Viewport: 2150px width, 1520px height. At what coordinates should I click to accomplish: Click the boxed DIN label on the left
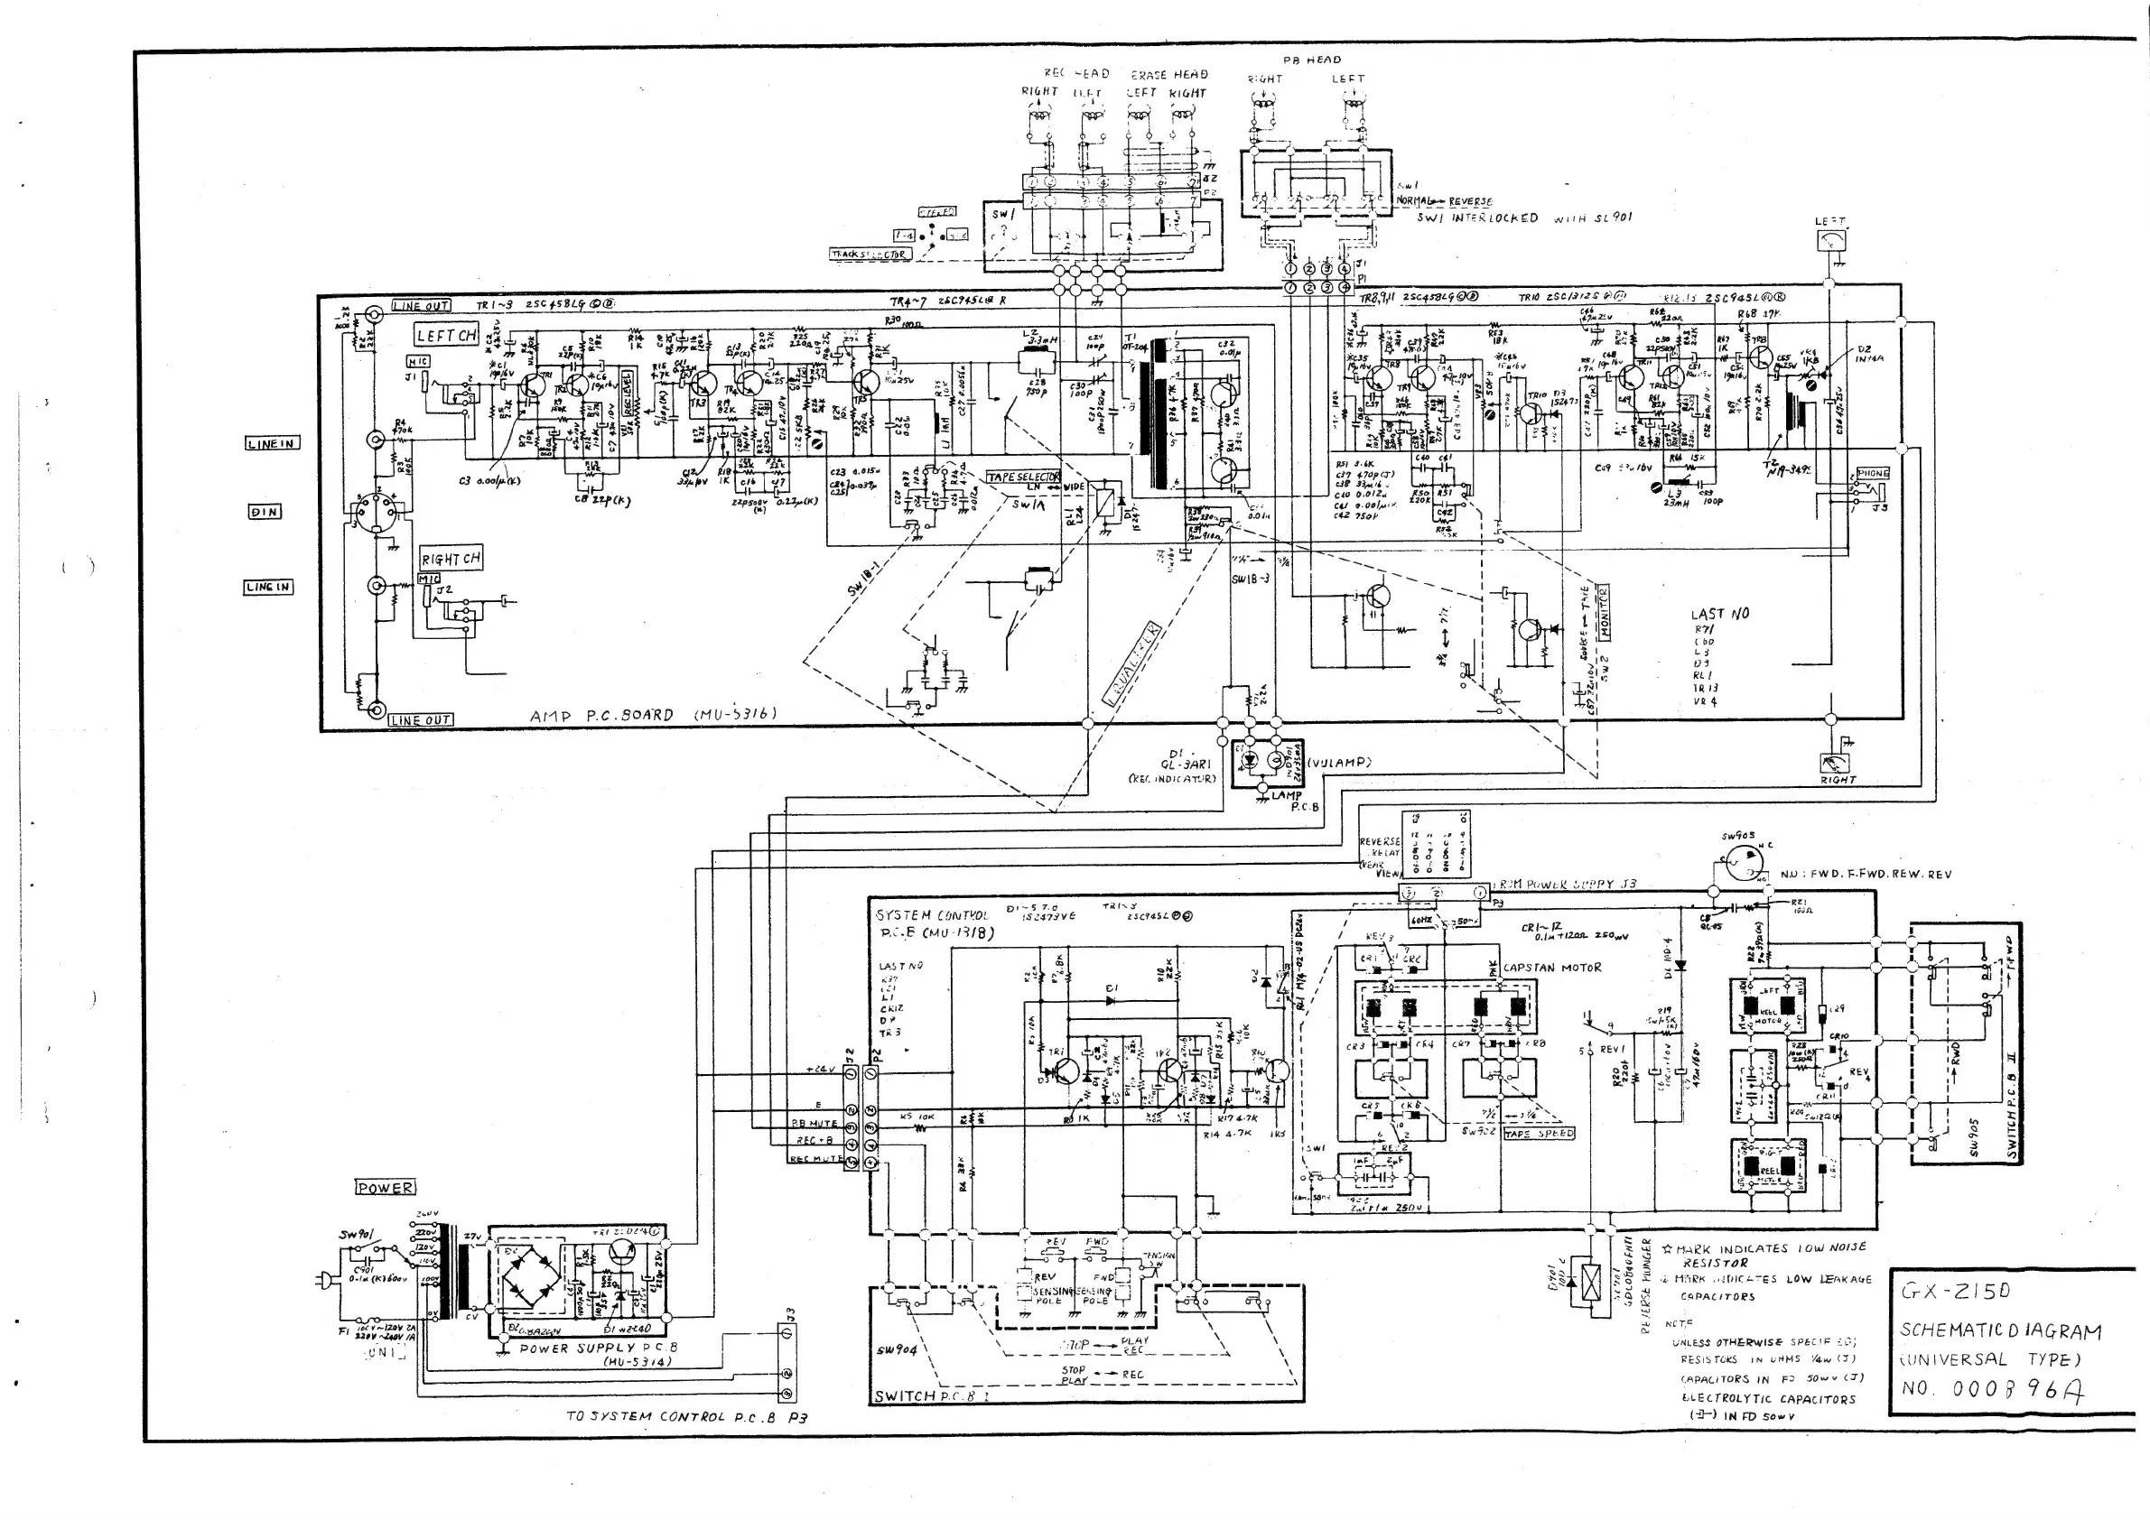(264, 512)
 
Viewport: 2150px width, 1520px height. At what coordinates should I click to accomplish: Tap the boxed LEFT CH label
(447, 335)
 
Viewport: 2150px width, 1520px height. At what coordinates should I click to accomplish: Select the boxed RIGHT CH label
(451, 559)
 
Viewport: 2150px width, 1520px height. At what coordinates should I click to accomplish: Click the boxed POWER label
(385, 1188)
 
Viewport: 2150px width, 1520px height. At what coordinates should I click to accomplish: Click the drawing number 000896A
(2013, 1390)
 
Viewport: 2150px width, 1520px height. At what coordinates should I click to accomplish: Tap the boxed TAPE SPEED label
(1539, 1134)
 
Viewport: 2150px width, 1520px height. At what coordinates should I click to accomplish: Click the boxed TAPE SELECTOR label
(1023, 477)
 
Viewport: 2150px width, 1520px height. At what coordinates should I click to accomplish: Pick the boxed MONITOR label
(1603, 613)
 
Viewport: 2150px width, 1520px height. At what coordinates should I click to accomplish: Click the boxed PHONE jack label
(1873, 474)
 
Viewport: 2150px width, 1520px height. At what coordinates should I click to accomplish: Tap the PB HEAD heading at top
(1312, 60)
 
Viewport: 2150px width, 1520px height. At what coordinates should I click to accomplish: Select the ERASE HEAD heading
(1169, 75)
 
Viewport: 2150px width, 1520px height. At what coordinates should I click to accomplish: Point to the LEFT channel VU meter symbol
(1829, 242)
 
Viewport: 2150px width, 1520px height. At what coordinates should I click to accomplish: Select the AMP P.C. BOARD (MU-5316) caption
(653, 715)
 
